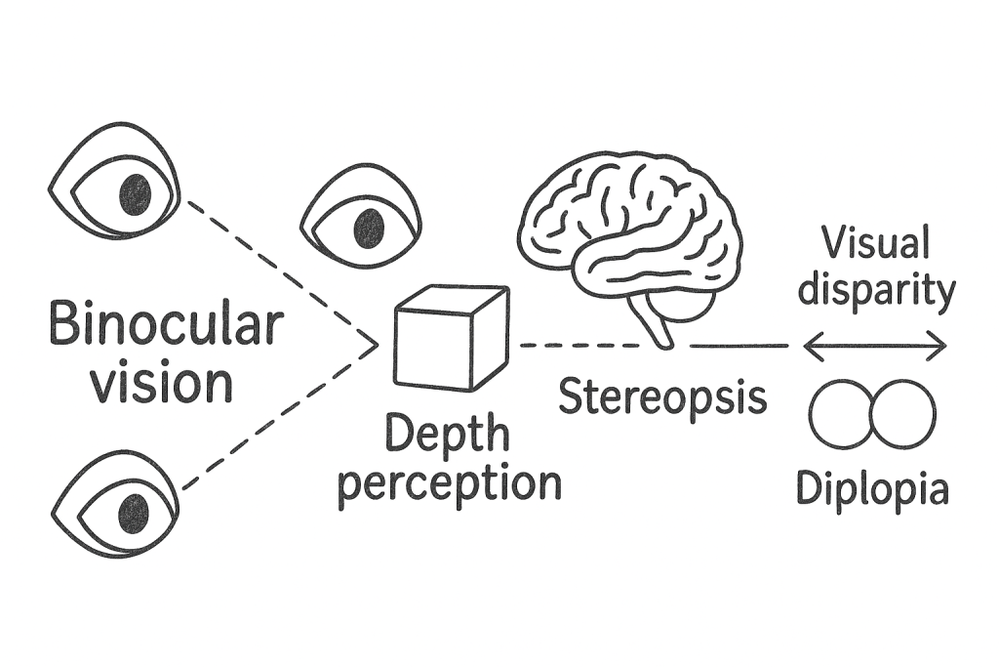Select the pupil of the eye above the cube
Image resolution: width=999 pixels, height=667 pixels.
[x=369, y=228]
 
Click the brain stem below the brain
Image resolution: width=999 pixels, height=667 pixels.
[x=656, y=326]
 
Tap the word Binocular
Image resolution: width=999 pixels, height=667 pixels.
[x=166, y=323]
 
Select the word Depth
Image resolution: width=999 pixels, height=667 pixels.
[x=447, y=434]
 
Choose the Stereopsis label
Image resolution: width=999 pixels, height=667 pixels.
[x=662, y=396]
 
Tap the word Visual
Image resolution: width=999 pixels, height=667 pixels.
[x=875, y=242]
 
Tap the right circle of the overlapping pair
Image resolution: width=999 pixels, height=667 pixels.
[x=902, y=415]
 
